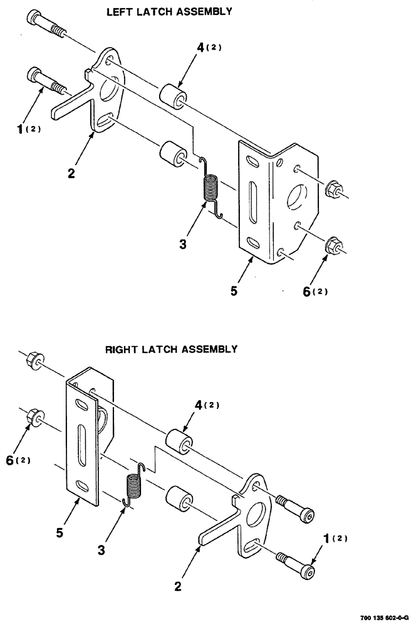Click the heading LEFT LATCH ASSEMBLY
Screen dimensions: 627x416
tap(161, 11)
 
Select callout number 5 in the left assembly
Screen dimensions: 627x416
tap(232, 292)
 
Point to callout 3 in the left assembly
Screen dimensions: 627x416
tap(183, 245)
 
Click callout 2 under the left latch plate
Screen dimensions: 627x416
tap(71, 173)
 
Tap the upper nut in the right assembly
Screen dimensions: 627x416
tap(34, 362)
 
